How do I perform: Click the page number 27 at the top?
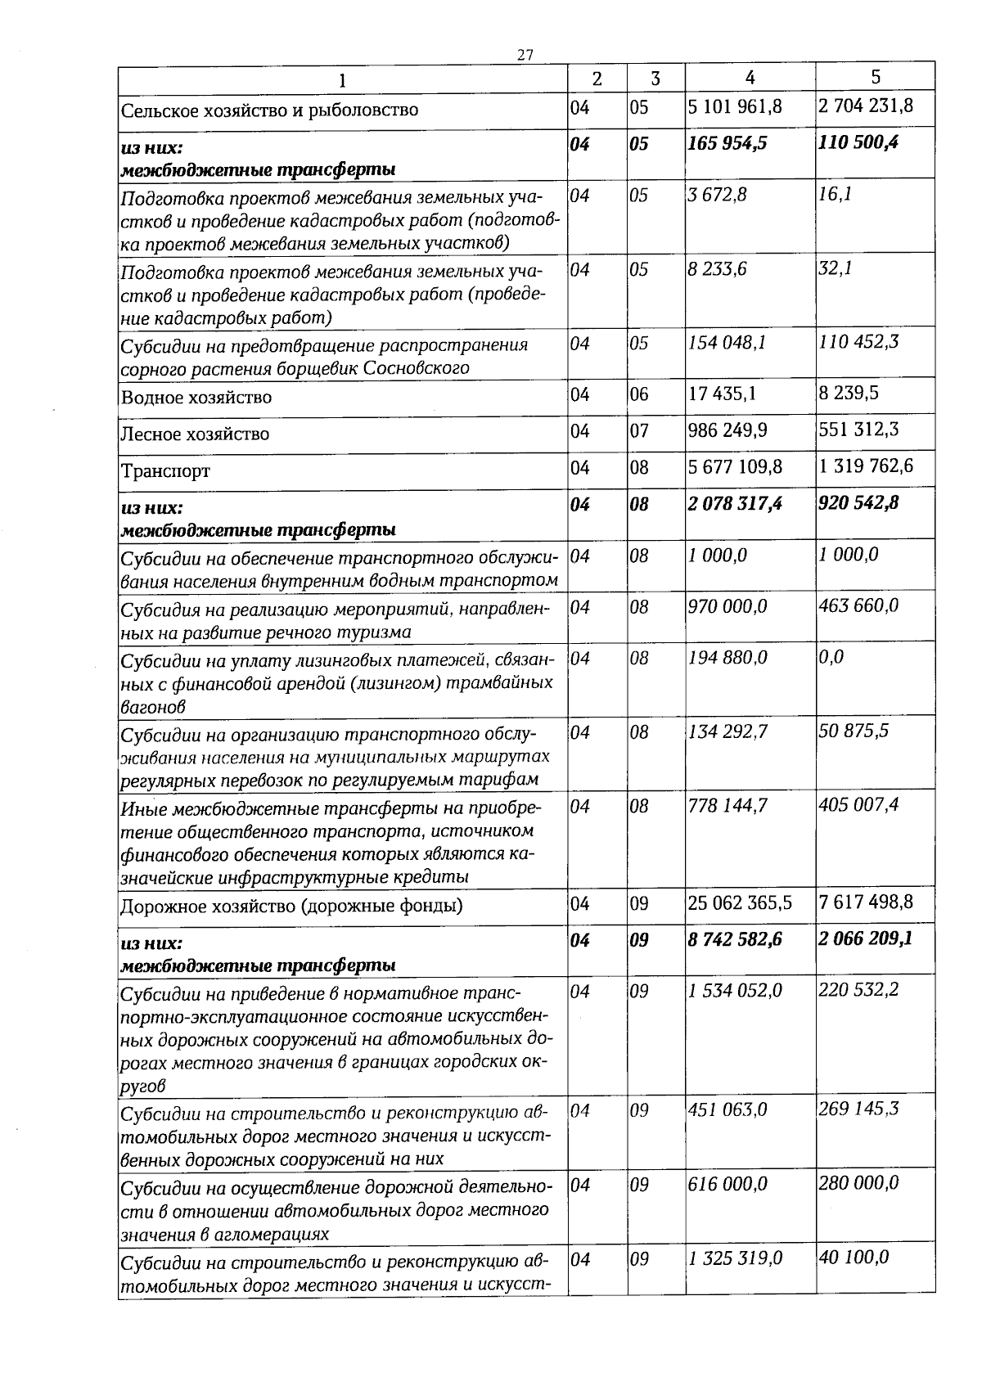[525, 55]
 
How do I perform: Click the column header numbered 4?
[750, 77]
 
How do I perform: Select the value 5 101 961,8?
[736, 106]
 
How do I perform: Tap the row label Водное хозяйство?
[196, 398]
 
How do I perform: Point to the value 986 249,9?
[728, 430]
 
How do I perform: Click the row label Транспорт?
[165, 471]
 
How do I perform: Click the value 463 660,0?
[858, 605]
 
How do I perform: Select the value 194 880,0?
[728, 657]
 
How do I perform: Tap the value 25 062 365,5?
[741, 902]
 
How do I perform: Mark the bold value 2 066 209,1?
[865, 938]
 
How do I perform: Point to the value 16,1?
[836, 196]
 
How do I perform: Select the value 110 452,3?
[858, 341]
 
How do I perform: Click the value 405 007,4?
[858, 805]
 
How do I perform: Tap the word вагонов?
[153, 705]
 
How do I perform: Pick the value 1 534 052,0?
[735, 990]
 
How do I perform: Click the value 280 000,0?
[858, 1182]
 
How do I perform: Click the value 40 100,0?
[854, 1257]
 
